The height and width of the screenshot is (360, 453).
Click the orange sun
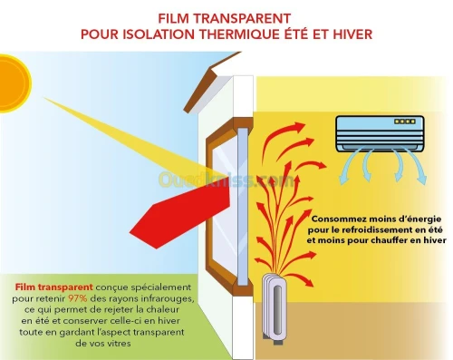14,83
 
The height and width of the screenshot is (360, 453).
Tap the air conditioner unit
380,133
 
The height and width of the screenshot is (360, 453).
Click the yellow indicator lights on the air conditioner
405,122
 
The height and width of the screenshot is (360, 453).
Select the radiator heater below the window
275,308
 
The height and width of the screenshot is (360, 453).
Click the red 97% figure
78,298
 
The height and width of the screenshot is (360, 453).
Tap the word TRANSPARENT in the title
242,19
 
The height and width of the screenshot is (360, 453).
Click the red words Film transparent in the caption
54,287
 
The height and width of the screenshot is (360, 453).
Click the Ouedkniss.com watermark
226,180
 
